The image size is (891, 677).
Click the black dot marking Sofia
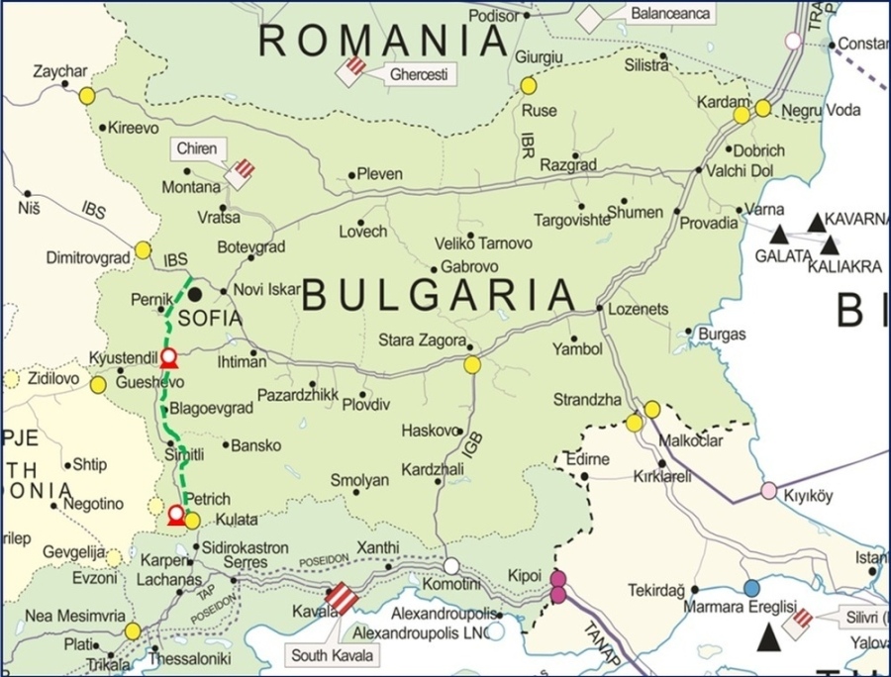click(196, 293)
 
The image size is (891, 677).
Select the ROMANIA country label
click(383, 41)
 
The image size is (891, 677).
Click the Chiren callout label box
click(196, 148)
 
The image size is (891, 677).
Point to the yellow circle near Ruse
click(529, 86)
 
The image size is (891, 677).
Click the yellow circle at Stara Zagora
click(472, 365)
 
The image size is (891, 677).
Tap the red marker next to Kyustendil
click(169, 356)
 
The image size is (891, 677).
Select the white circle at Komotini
click(451, 566)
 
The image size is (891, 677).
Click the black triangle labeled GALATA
click(780, 235)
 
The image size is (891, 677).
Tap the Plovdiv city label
click(366, 405)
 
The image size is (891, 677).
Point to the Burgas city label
click(722, 335)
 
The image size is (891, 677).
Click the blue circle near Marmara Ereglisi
click(752, 587)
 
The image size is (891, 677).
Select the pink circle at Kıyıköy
click(769, 491)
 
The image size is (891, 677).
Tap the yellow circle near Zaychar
click(87, 96)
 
